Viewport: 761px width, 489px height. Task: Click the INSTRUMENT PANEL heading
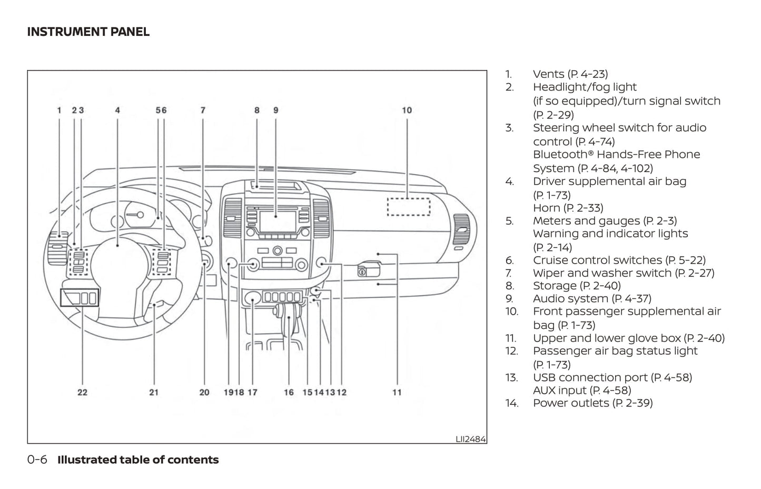88,32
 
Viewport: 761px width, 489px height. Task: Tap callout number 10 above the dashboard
407,110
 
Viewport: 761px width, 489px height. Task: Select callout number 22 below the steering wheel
82,392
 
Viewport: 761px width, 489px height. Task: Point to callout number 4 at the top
117,110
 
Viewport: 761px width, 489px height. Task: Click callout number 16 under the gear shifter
289,392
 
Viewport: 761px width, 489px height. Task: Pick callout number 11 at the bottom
397,392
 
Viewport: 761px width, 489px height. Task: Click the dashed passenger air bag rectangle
409,206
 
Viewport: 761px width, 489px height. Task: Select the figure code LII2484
470,438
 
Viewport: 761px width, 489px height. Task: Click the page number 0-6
37,460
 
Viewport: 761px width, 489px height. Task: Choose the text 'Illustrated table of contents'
138,460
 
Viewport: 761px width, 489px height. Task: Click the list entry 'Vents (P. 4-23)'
570,74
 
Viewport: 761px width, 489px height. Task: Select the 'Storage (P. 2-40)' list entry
577,286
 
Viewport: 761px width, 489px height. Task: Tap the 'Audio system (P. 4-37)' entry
592,298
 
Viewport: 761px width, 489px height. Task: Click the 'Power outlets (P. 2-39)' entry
592,403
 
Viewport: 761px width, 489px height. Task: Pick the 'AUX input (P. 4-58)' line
582,390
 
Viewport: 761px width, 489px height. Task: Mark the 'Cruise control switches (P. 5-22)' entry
619,260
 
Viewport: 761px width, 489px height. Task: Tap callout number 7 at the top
203,110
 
